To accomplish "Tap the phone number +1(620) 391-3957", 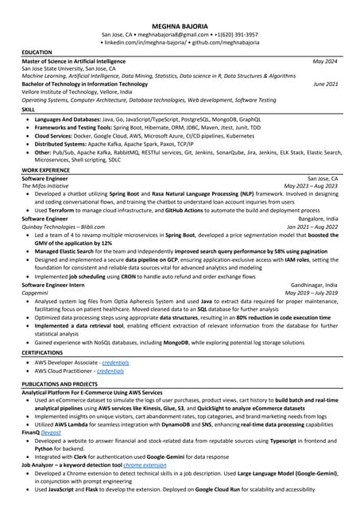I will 235,35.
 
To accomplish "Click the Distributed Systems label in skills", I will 60,143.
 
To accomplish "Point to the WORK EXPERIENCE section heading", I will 45,170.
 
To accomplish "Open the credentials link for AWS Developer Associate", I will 115,363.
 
